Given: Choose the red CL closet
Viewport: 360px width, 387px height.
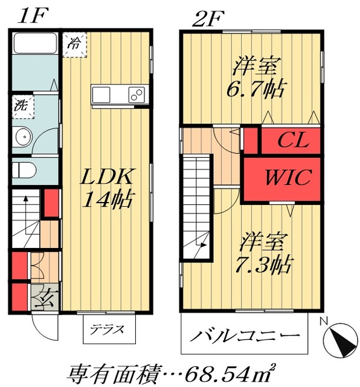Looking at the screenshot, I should tap(293, 141).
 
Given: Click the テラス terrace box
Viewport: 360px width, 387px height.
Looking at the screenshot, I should tap(109, 330).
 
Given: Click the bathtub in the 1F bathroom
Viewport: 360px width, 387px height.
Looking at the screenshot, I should tap(35, 44).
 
